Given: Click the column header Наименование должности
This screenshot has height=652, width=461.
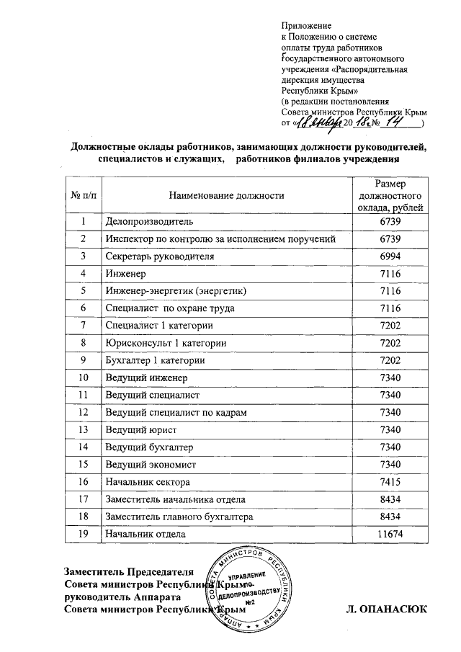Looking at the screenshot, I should click(x=226, y=195).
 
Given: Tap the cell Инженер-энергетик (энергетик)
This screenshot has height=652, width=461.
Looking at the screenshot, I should click(x=176, y=291).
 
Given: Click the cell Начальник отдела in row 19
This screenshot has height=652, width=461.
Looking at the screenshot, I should click(x=145, y=534).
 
